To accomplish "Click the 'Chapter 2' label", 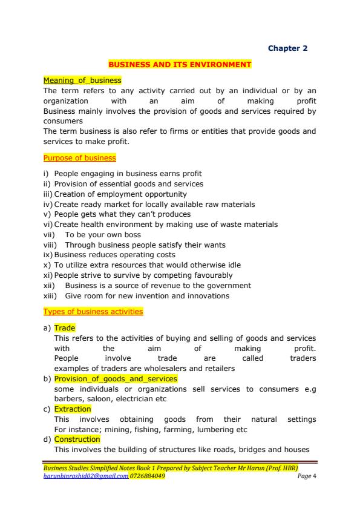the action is pyautogui.click(x=288, y=48).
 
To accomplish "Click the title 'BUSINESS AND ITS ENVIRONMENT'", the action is pyautogui.click(x=180, y=64).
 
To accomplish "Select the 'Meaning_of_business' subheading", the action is pyautogui.click(x=82, y=80).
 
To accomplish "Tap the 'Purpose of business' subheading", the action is pyautogui.click(x=79, y=158).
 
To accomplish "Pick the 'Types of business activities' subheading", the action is pyautogui.click(x=93, y=312).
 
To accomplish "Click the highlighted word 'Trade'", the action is pyautogui.click(x=65, y=327).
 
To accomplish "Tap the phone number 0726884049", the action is pyautogui.click(x=148, y=476).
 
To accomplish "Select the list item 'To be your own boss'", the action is pyautogui.click(x=103, y=235).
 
